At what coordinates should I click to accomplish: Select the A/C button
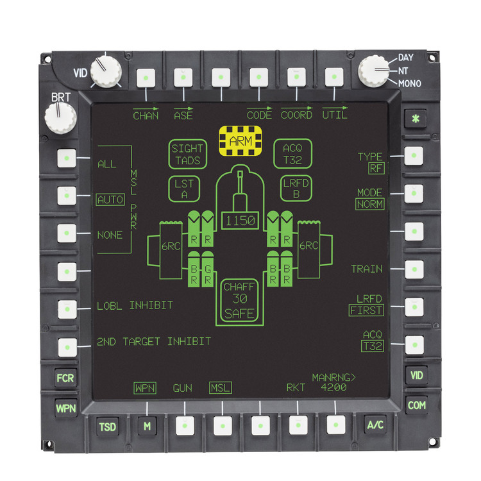375,425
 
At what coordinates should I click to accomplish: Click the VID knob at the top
106,71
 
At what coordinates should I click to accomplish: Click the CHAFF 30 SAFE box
240,300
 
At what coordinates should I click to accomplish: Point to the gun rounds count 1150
239,221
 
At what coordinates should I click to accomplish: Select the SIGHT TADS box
187,155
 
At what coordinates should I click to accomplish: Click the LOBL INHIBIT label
135,305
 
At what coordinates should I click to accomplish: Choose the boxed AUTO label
110,199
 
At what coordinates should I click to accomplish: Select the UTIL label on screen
335,115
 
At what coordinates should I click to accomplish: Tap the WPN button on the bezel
65,407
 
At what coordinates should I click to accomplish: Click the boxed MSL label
220,388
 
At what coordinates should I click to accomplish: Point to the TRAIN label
367,269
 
